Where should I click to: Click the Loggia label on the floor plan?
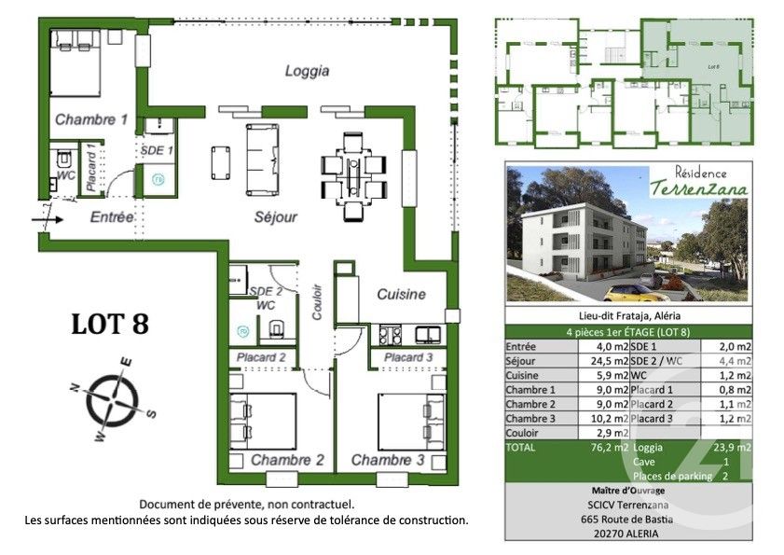308,70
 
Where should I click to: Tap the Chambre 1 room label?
90,119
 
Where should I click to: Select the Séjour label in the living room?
276,217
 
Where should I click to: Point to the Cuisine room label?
401,294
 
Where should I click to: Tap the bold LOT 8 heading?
110,324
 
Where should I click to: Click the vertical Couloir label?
317,301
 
